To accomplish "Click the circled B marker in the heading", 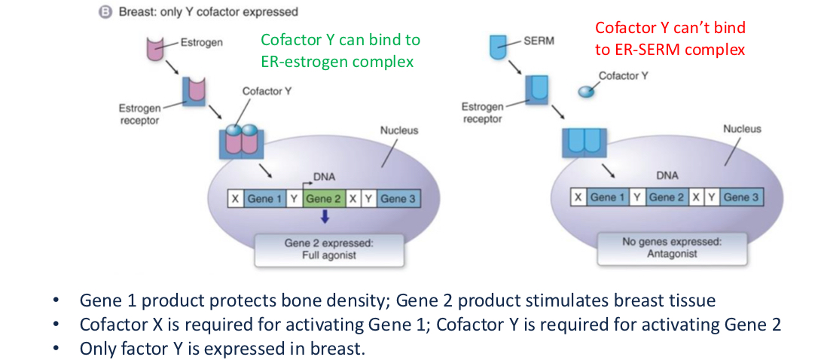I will tap(108, 12).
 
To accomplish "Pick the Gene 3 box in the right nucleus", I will tap(741, 197).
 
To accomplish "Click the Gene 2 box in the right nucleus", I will tap(667, 197).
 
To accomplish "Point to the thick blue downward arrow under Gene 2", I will tap(322, 218).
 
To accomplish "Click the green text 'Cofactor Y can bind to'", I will tap(340, 40).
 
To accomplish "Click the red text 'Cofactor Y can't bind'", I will tap(670, 28).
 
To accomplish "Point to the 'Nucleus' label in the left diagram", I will tap(399, 130).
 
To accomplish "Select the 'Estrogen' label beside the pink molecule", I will tap(201, 42).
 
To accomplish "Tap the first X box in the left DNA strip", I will tap(236, 199).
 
